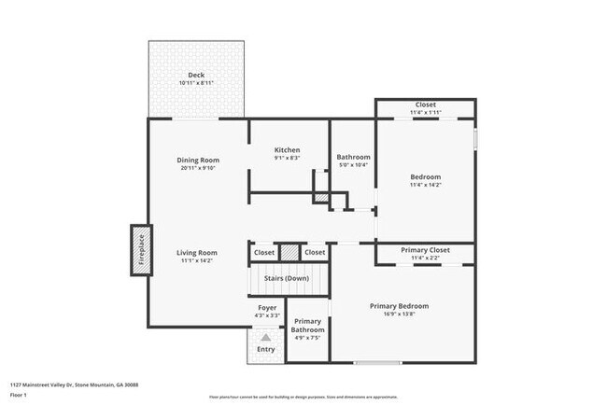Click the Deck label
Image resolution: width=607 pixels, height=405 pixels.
[x=196, y=75]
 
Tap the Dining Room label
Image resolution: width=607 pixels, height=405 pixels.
[x=197, y=160]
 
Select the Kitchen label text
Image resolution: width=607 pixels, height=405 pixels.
[x=287, y=150]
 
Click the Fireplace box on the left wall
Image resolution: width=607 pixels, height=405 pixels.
[x=142, y=249]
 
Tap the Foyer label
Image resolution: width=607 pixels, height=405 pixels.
[x=266, y=307]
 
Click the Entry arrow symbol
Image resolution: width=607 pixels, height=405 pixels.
[x=266, y=337]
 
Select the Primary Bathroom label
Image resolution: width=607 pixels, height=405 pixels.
[x=308, y=325]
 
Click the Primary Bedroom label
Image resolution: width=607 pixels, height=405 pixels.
[x=399, y=306]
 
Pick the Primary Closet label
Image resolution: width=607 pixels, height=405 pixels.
[x=425, y=250]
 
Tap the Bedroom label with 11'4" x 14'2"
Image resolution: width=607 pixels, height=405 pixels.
[x=425, y=176]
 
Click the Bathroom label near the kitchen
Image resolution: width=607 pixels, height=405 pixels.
[x=354, y=157]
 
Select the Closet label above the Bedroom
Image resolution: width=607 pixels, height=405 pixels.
[x=425, y=105]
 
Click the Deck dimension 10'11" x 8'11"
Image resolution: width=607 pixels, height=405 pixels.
[x=196, y=83]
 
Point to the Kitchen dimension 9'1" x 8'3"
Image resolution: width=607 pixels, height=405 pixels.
[x=287, y=159]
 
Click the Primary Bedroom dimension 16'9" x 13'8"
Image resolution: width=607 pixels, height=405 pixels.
[x=399, y=314]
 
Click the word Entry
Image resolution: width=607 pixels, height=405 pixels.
[x=266, y=349]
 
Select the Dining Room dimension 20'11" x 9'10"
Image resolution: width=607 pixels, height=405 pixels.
[x=197, y=168]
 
